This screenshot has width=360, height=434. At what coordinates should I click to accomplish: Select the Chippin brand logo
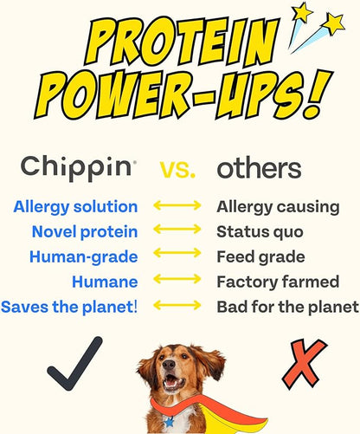(78, 167)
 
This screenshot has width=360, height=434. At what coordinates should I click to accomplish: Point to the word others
(259, 167)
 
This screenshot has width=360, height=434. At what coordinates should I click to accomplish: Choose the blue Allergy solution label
(75, 207)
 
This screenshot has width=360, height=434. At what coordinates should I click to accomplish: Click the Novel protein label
(84, 232)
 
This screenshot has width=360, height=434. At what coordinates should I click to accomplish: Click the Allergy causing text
(274, 207)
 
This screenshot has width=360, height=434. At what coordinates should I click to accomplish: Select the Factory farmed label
(277, 282)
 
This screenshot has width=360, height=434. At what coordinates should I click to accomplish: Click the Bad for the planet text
(287, 307)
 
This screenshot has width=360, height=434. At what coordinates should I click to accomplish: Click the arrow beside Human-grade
(177, 257)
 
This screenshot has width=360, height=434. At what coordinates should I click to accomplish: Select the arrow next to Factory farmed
(177, 282)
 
